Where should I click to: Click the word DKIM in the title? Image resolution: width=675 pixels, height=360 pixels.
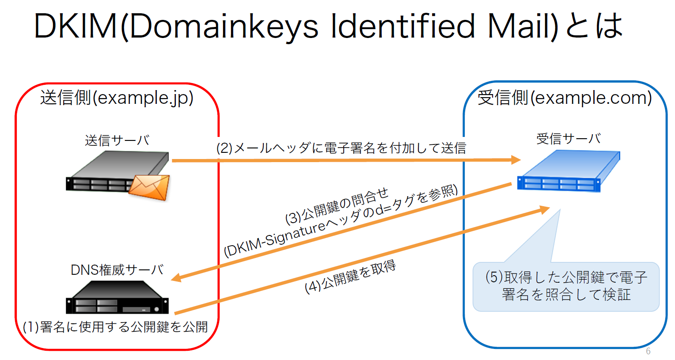[x=76, y=27]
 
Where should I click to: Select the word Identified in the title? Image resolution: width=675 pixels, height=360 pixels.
[x=403, y=27]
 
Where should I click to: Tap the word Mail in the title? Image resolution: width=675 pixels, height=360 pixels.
[x=521, y=27]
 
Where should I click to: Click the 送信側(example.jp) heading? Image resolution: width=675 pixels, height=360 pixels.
[x=117, y=98]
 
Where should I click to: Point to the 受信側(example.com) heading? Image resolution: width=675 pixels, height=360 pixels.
[x=565, y=98]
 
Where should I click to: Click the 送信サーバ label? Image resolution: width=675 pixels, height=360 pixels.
[x=117, y=140]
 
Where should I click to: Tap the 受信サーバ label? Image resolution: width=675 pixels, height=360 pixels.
[x=569, y=139]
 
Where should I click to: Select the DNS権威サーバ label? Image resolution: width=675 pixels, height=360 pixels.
[x=117, y=269]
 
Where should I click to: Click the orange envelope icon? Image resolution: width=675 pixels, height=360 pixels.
[x=149, y=187]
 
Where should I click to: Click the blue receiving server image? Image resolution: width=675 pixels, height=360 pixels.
[x=569, y=171]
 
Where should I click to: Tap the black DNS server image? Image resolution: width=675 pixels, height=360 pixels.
[x=117, y=297]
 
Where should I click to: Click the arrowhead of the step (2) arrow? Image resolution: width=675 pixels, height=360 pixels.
[x=516, y=159]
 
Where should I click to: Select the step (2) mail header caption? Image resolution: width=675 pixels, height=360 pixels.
[x=341, y=148]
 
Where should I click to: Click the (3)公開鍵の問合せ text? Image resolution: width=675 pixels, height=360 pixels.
[x=337, y=206]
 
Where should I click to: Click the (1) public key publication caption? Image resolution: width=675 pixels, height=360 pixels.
[x=115, y=327]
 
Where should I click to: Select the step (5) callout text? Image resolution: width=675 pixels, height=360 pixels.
[x=566, y=286]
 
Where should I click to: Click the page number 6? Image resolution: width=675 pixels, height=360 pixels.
[x=648, y=351]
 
